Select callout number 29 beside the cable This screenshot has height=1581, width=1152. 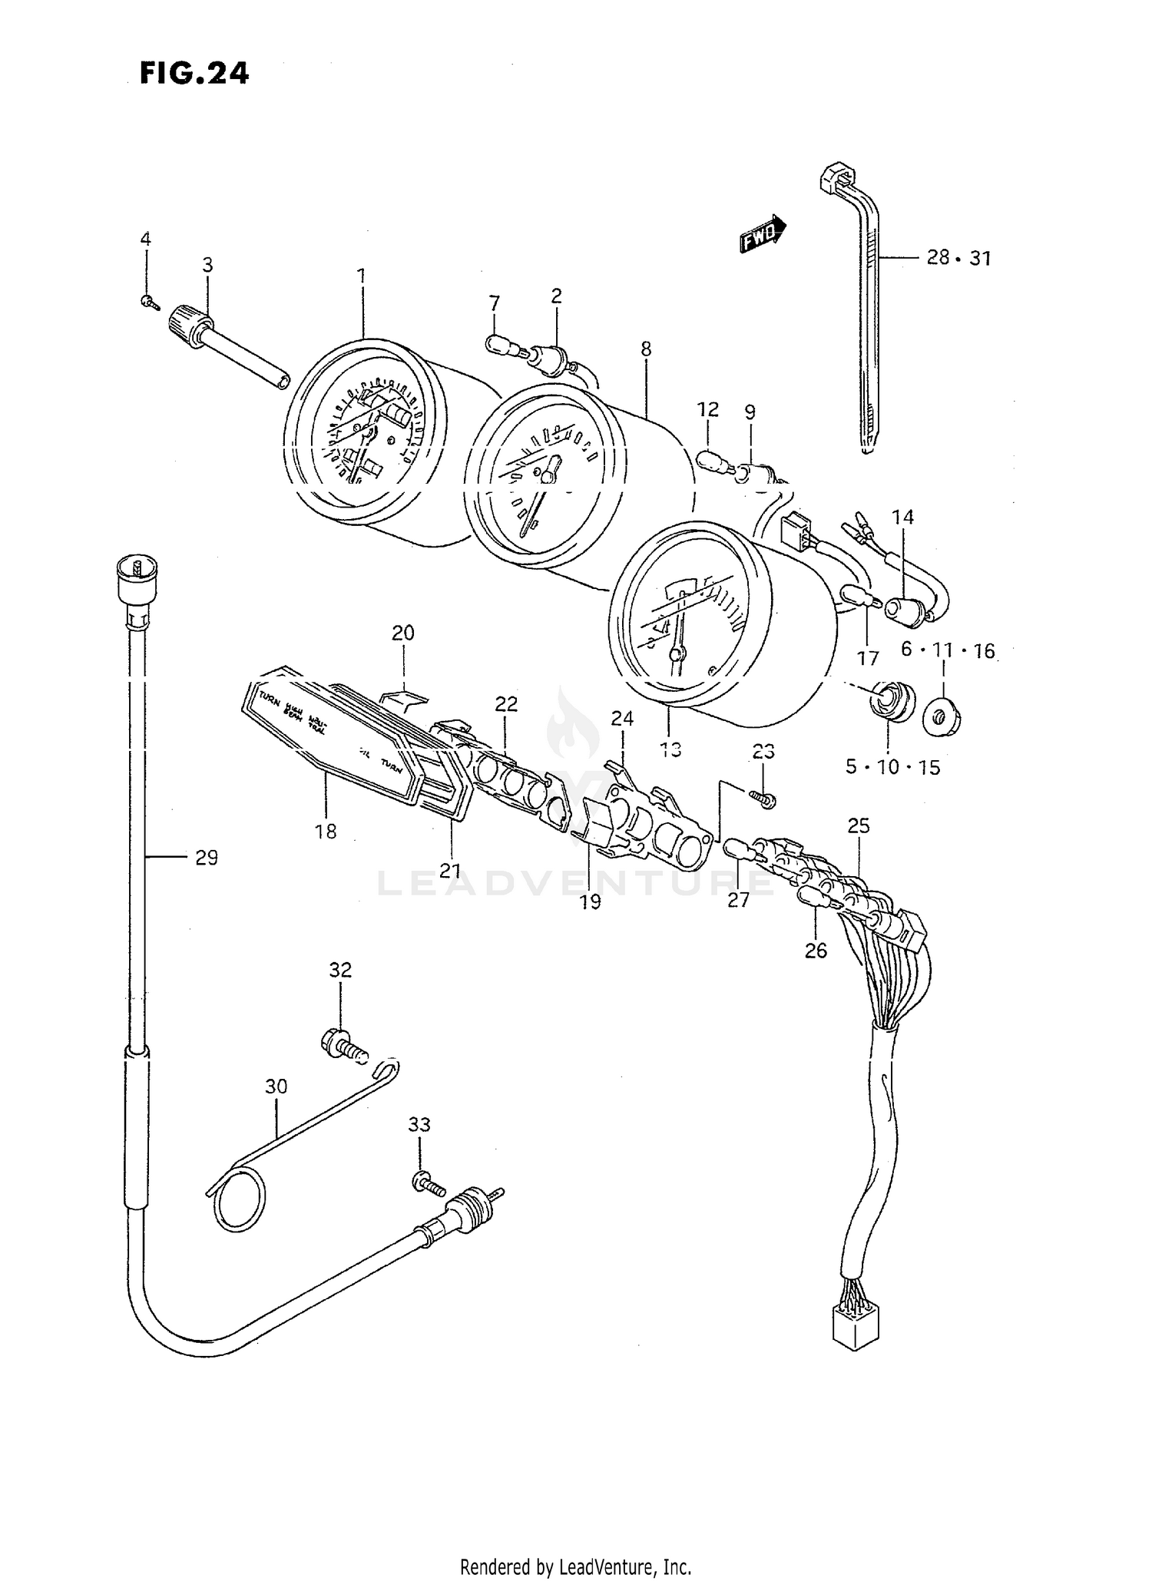[x=206, y=857]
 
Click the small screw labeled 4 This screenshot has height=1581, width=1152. [x=148, y=303]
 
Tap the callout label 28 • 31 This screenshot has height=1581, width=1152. [x=958, y=258]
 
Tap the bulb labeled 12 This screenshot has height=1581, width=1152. [x=711, y=463]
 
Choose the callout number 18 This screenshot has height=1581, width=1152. [x=326, y=831]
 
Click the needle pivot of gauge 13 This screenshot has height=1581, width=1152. [x=677, y=654]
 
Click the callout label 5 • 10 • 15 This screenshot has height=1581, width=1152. [x=892, y=766]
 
